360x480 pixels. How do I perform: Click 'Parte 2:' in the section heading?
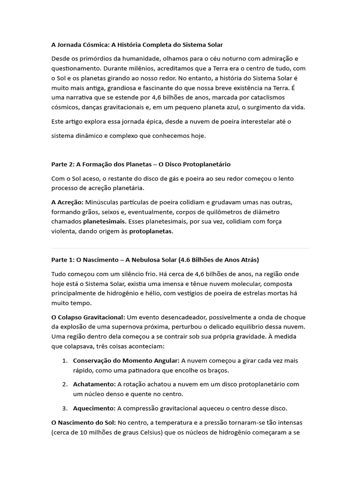(63, 165)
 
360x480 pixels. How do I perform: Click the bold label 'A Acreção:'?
(67, 202)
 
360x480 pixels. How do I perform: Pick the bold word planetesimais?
(105, 221)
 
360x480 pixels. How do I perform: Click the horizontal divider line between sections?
(180, 248)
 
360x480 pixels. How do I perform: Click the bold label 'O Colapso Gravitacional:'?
(88, 317)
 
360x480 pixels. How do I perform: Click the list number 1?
(64, 361)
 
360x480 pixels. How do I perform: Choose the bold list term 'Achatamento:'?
(94, 384)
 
